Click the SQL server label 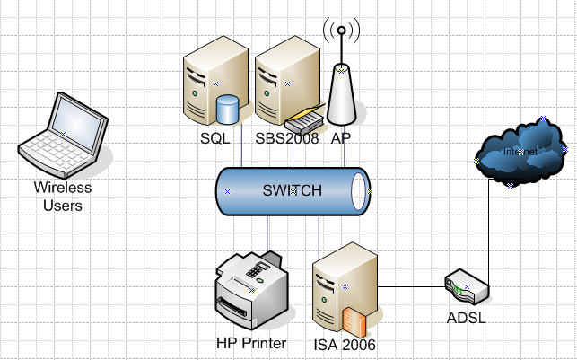[215, 138]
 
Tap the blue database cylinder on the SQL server [228, 110]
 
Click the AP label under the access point [341, 138]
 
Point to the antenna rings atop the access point [341, 34]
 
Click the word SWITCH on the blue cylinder [292, 190]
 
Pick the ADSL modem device [467, 288]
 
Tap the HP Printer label [251, 343]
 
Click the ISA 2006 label [345, 344]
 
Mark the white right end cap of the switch [361, 191]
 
